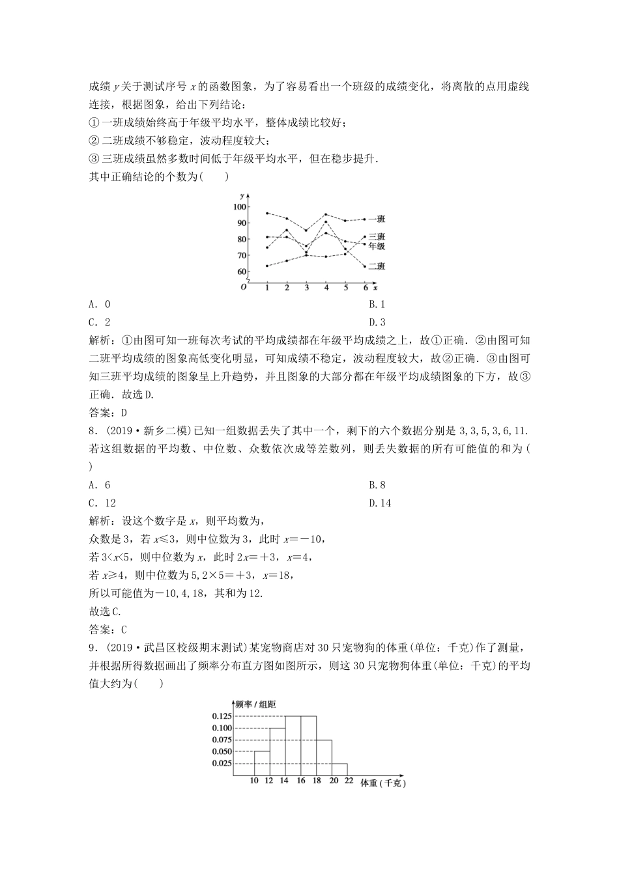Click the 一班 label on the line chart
click(377, 219)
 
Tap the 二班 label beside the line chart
click(377, 266)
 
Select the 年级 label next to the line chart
click(377, 247)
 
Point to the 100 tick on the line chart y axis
click(239, 207)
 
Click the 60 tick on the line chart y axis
click(241, 271)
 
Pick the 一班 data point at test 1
click(267, 213)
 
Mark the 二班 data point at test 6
click(364, 266)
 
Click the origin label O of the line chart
click(243, 287)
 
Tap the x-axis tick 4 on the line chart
click(326, 287)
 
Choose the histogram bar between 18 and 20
click(324, 757)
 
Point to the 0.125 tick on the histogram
click(222, 716)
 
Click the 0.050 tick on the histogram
click(222, 751)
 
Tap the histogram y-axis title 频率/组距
click(256, 704)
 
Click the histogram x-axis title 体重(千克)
click(383, 784)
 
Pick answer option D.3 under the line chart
click(377, 322)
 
